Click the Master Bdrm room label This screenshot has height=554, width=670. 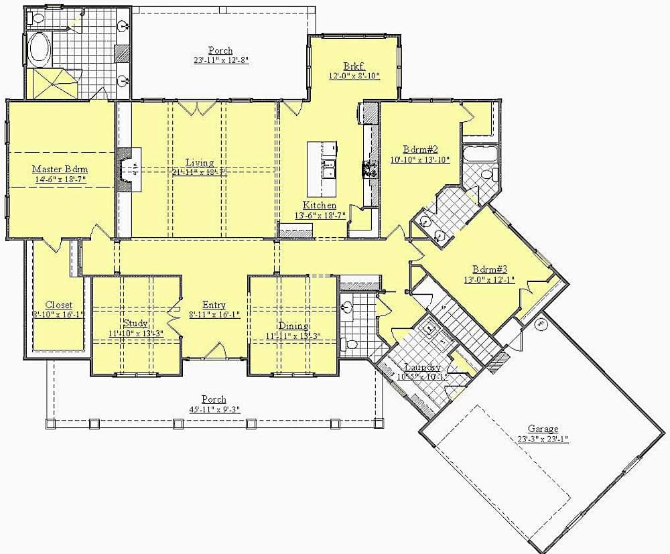point(61,169)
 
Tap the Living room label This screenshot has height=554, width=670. point(200,163)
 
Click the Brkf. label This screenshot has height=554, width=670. point(354,66)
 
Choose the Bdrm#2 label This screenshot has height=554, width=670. point(419,149)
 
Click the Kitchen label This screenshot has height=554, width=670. point(319,205)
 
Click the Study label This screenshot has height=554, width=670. point(135,323)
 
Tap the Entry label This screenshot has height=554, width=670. point(214,305)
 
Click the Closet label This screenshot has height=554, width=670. point(59,305)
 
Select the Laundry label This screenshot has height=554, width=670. point(423,367)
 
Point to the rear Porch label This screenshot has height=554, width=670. point(220,50)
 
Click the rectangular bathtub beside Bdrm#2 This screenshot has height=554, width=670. point(480,155)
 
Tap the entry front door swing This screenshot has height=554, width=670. point(216,350)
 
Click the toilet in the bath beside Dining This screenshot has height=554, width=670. point(349,344)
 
